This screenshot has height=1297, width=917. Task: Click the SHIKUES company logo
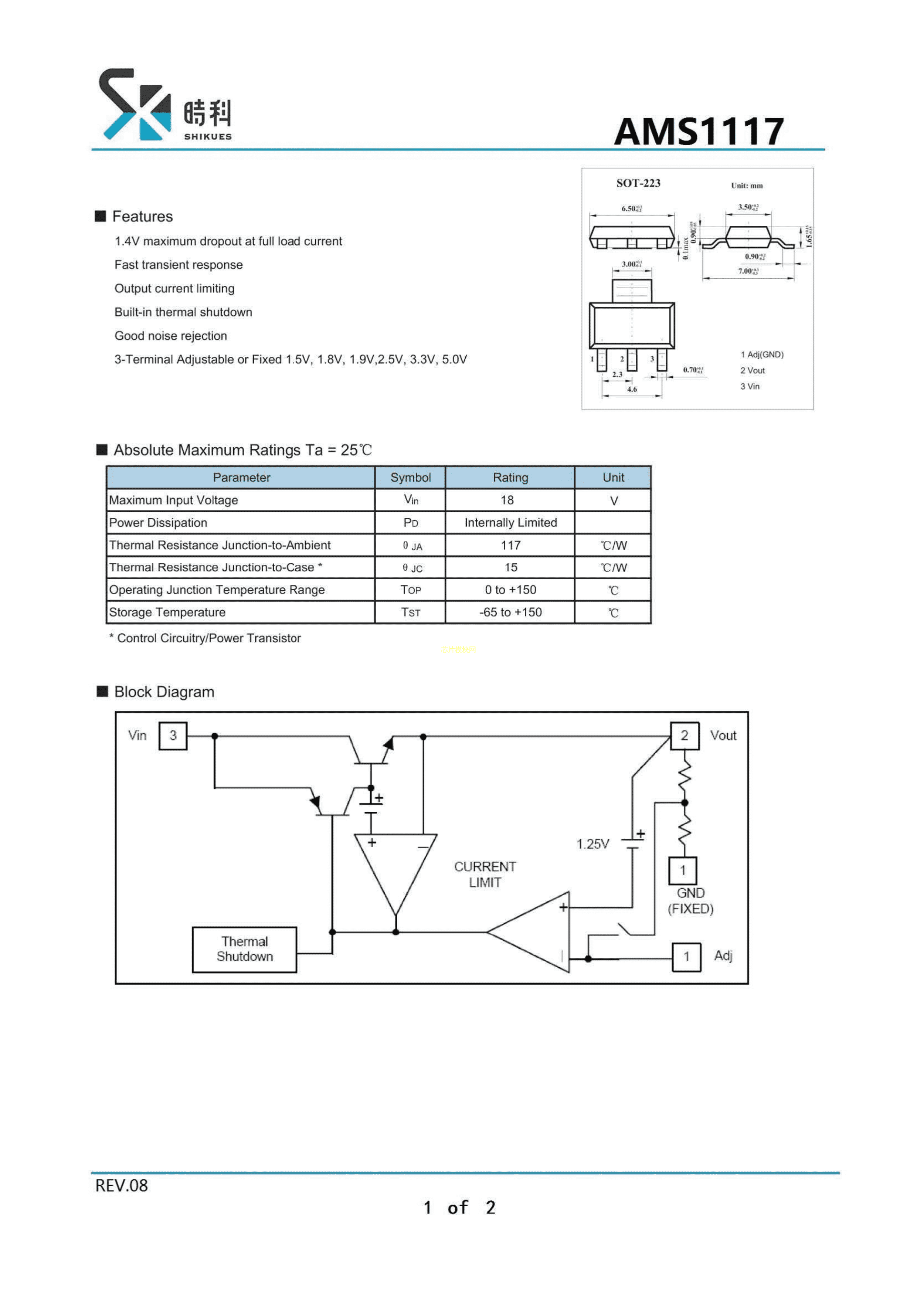click(164, 105)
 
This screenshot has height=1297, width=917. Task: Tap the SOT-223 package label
click(638, 183)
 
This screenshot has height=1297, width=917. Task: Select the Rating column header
click(510, 477)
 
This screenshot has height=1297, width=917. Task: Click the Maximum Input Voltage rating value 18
click(507, 500)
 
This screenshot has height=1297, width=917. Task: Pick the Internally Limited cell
click(510, 523)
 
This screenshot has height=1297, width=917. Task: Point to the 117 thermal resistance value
click(510, 545)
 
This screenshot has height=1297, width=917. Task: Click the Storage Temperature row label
click(167, 612)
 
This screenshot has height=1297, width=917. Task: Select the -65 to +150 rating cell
click(510, 612)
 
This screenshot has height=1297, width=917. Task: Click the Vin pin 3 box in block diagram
click(173, 736)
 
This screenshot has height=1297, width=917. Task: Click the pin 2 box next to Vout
click(684, 736)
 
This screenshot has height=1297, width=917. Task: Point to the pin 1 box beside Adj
click(686, 956)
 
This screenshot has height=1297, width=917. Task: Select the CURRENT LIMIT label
click(485, 875)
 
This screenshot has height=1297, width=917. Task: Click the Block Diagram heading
click(164, 692)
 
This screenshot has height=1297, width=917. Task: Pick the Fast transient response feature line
click(179, 265)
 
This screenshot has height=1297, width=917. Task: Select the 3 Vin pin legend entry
click(750, 386)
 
